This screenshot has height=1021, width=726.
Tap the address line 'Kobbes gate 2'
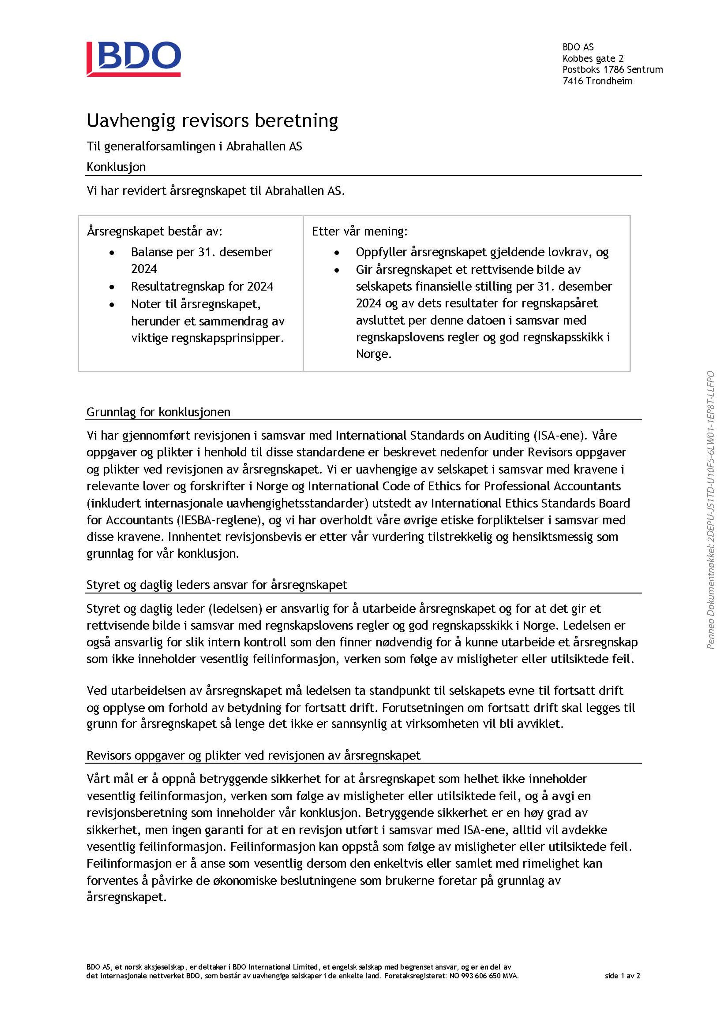(x=593, y=58)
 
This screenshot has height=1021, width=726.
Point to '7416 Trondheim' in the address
(x=597, y=81)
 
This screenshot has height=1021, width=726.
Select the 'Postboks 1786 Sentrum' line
(x=613, y=70)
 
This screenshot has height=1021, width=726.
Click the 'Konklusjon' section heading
(x=116, y=167)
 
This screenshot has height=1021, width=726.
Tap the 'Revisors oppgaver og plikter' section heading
(x=253, y=755)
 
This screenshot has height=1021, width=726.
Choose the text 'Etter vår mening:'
(x=359, y=231)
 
